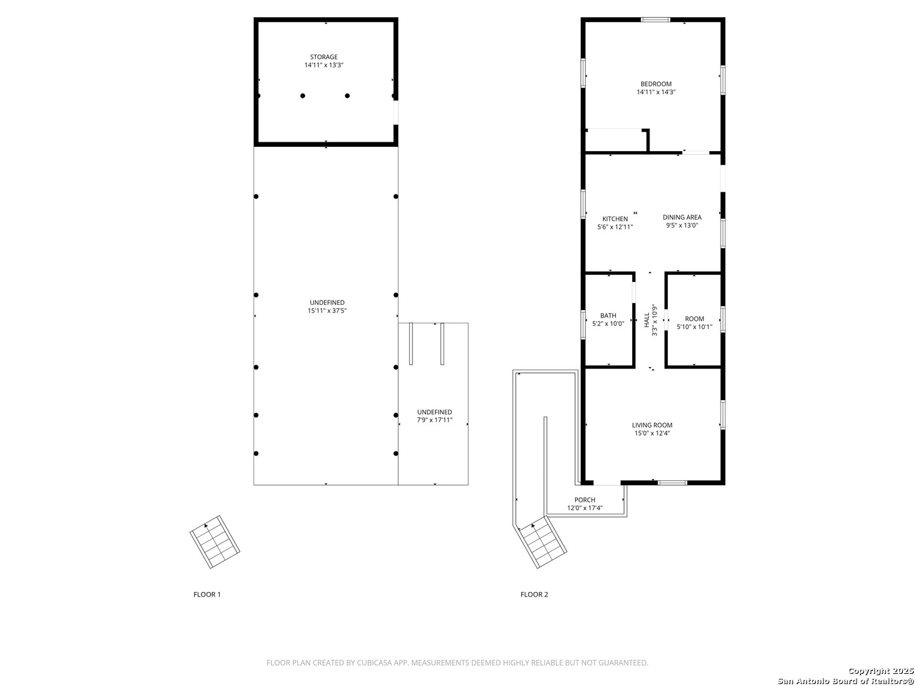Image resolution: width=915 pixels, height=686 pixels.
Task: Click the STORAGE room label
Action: click(323, 57)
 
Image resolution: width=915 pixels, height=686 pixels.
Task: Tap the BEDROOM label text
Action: click(656, 84)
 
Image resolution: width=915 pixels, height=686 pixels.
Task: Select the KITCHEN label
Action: click(615, 219)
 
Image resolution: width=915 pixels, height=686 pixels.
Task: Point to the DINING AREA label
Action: click(682, 217)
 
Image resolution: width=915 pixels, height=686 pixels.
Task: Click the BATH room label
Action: click(608, 316)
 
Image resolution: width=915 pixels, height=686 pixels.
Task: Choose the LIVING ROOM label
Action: click(652, 426)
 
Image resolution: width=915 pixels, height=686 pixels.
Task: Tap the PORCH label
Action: click(585, 500)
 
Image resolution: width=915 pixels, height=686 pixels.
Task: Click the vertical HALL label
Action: click(647, 320)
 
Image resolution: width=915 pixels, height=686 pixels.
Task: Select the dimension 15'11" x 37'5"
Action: click(327, 311)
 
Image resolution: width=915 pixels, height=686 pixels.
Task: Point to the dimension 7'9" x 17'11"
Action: click(435, 420)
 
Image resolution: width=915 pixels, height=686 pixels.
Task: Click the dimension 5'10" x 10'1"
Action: click(694, 327)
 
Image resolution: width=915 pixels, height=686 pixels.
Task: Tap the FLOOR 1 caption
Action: click(207, 595)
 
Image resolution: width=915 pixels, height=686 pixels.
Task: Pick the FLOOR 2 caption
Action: click(534, 595)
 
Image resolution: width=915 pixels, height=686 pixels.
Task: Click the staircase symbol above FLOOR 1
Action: click(215, 541)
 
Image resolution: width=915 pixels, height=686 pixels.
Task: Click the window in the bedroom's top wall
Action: click(655, 20)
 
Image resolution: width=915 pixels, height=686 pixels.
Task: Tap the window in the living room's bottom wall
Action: click(672, 483)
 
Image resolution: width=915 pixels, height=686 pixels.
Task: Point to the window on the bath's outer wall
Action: click(583, 325)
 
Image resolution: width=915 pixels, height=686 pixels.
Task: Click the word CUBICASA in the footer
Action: click(374, 662)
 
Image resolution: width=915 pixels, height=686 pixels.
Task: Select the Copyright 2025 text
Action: click(880, 671)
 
